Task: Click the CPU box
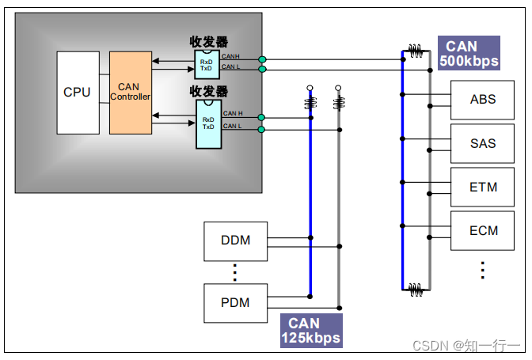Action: point(78,93)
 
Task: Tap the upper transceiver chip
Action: point(207,63)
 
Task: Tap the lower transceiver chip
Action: point(208,122)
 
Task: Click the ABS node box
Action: point(483,100)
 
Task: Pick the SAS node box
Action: point(483,143)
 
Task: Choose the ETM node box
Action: point(483,187)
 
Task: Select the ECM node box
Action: point(483,230)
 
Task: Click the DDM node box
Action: point(235,241)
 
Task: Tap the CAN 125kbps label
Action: point(311,331)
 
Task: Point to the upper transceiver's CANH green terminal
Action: point(262,59)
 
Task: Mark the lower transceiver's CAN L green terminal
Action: point(262,128)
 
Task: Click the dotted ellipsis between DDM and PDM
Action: point(234,271)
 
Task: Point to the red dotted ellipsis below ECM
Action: point(483,269)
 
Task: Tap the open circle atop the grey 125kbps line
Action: point(338,88)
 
